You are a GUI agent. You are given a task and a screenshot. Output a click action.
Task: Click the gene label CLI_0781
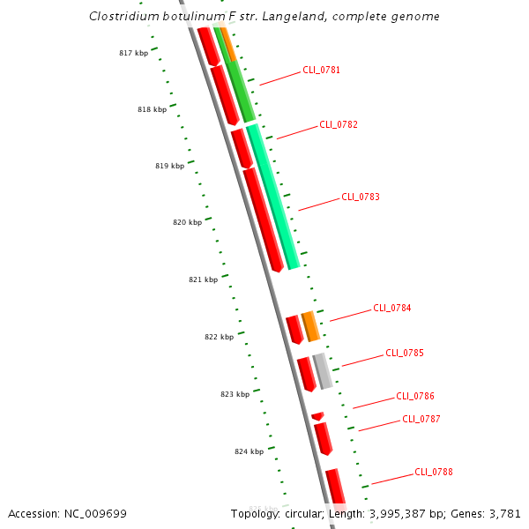pos(321,70)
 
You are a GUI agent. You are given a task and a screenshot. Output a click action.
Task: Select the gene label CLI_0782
pos(338,125)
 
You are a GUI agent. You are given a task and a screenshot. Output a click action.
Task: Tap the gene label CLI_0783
pos(360,197)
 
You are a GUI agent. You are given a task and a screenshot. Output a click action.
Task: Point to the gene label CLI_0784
pos(391,309)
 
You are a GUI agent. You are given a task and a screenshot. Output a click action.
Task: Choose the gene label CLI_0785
pos(404,354)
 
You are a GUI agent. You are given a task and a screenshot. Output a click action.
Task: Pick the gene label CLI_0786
pos(414,397)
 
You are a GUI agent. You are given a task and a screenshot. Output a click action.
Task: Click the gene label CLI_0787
pos(421,420)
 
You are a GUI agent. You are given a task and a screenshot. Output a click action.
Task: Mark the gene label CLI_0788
pos(434,473)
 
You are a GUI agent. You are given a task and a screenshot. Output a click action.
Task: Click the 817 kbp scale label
pos(133,54)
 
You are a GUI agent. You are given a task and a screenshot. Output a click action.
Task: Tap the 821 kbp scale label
pos(203,280)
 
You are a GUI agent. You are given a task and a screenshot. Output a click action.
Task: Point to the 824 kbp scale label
pos(249,452)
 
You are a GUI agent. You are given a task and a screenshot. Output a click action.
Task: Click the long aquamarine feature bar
pos(273,197)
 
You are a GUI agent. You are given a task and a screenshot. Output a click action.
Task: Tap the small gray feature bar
pos(323,371)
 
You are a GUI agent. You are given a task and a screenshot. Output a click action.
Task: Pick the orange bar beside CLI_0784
pos(309,326)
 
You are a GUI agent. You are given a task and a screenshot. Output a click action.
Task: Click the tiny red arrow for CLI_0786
pos(317,415)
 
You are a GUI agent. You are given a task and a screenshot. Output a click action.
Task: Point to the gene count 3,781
pos(503,514)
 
